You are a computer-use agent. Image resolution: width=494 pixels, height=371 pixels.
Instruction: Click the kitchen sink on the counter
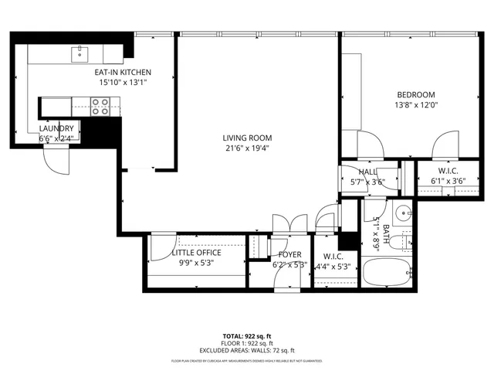(x=80, y=54)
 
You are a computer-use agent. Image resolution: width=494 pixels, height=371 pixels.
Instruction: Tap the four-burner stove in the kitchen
(x=100, y=106)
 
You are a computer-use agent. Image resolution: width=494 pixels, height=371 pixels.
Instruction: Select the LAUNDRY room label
(x=57, y=128)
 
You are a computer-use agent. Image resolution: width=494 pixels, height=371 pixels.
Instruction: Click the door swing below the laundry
(x=56, y=158)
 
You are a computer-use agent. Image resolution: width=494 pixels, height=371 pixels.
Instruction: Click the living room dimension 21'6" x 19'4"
(x=249, y=148)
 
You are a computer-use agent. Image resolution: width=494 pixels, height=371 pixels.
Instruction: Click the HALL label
(x=367, y=172)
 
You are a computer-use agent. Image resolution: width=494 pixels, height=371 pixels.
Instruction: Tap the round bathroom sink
(x=401, y=214)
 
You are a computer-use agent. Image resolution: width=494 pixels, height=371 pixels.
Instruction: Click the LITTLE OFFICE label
(x=196, y=253)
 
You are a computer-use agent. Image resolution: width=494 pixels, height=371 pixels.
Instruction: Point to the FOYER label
(x=290, y=254)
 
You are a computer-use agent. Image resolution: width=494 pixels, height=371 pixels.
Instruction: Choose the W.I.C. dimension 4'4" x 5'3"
(x=333, y=267)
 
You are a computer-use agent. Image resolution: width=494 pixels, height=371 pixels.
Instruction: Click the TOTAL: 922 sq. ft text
(x=246, y=335)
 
